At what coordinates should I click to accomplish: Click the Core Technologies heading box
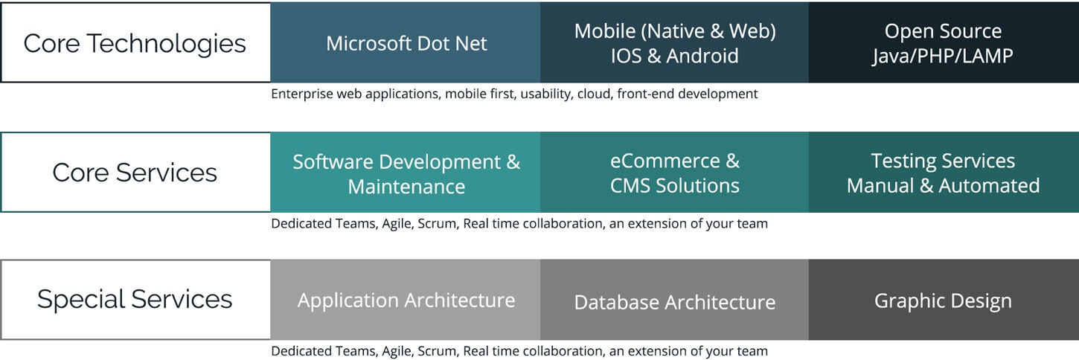[135, 43]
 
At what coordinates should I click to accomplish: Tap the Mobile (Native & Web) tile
[674, 42]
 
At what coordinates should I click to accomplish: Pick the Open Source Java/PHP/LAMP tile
[944, 42]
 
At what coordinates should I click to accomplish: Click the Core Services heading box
[135, 173]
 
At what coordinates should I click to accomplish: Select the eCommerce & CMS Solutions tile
[674, 173]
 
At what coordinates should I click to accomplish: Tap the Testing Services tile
[944, 173]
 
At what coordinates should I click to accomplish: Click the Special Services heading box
[135, 300]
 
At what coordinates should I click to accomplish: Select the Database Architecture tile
[674, 300]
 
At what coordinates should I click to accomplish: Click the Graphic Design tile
[944, 300]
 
